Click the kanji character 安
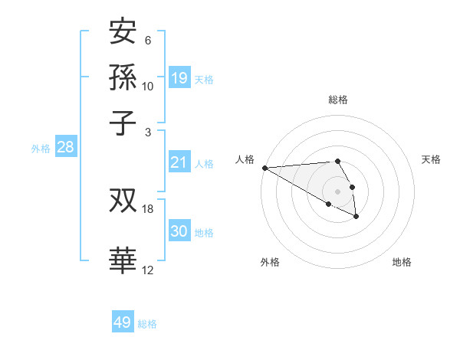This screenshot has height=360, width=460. pyautogui.click(x=123, y=32)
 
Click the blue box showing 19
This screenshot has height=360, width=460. pyautogui.click(x=179, y=77)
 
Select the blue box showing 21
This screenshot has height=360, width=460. pyautogui.click(x=179, y=162)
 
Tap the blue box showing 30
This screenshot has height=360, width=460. pyautogui.click(x=179, y=231)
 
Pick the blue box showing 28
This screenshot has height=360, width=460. pyautogui.click(x=65, y=147)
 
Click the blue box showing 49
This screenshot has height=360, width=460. pyautogui.click(x=122, y=322)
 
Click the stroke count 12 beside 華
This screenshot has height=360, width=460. pyautogui.click(x=147, y=270)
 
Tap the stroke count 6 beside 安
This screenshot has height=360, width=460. pyautogui.click(x=147, y=41)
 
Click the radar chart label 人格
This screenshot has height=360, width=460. pyautogui.click(x=245, y=159)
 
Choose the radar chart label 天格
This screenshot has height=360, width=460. pyautogui.click(x=431, y=159)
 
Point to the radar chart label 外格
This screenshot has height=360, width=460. pyautogui.click(x=270, y=262)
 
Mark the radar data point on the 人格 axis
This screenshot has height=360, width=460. pyautogui.click(x=264, y=168)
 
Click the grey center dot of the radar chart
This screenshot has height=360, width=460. pyautogui.click(x=337, y=190)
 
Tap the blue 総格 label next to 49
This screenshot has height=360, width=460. pyautogui.click(x=147, y=324)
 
